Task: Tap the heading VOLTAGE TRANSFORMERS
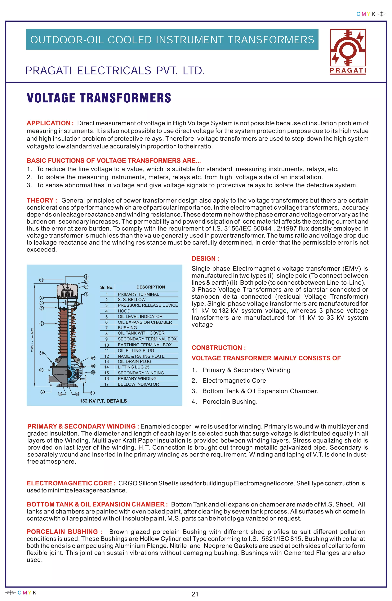[x=99, y=98]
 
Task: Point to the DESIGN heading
[x=205, y=258]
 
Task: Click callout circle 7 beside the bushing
[x=42, y=323]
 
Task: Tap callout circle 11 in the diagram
[x=41, y=280]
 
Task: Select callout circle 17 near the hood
[x=86, y=282]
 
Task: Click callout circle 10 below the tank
[x=92, y=393]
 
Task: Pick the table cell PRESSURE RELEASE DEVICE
[x=148, y=305]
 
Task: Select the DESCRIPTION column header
[x=150, y=287]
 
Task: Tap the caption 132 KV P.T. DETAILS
[x=103, y=401]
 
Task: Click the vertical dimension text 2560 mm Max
[x=32, y=340]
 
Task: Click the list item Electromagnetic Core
[x=234, y=380]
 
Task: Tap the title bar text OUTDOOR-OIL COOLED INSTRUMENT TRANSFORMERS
[x=172, y=40]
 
